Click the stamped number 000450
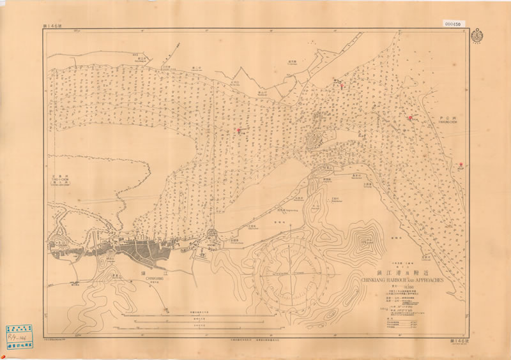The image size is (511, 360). coord(454,24)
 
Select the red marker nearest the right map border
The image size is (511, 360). coord(461,165)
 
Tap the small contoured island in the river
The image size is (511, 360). coord(316,140)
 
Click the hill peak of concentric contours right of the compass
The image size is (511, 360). coord(366,242)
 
